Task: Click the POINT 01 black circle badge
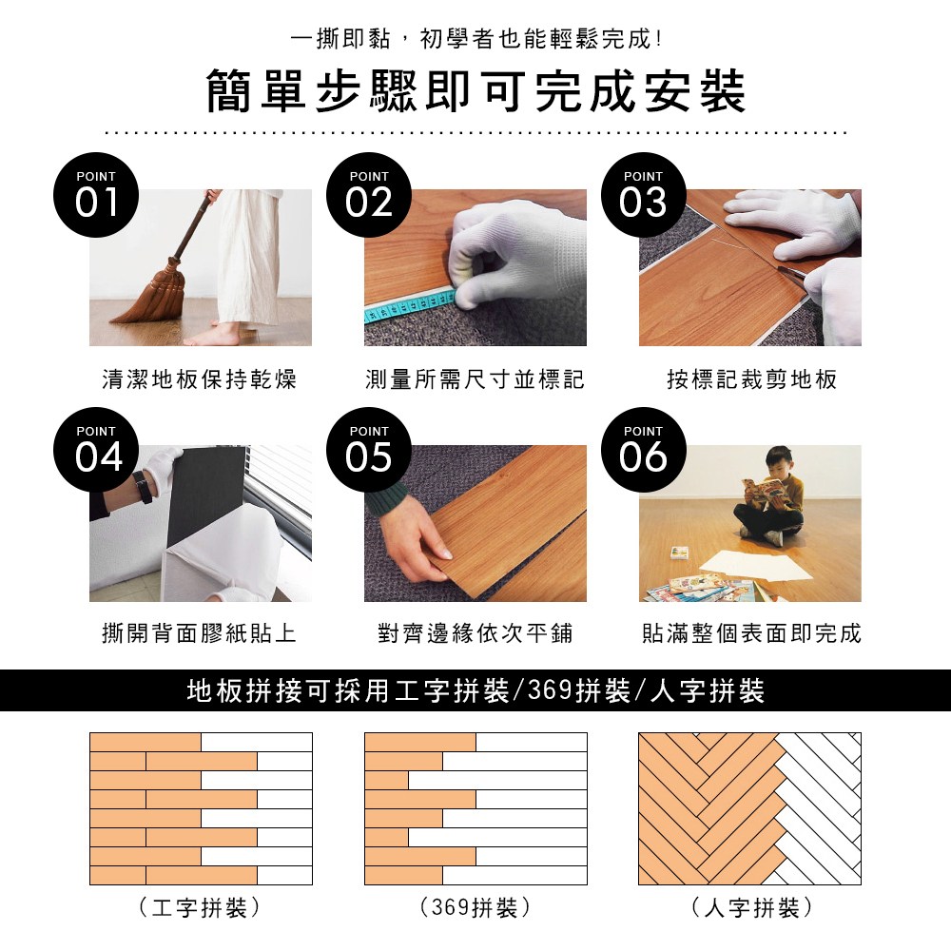pos(96,195)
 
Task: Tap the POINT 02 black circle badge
pos(369,195)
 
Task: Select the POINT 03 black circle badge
pos(644,195)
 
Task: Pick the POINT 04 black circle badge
pos(96,450)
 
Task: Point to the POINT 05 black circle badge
pos(369,450)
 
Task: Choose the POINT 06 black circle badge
pos(644,450)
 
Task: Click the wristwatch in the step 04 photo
pos(144,487)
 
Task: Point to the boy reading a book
pos(769,496)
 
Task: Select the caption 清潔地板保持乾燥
pos(199,379)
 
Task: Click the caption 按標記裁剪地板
pos(751,379)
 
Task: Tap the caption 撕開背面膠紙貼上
pos(199,633)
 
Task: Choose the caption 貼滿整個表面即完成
pos(751,633)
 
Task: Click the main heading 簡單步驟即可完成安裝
pos(475,91)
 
